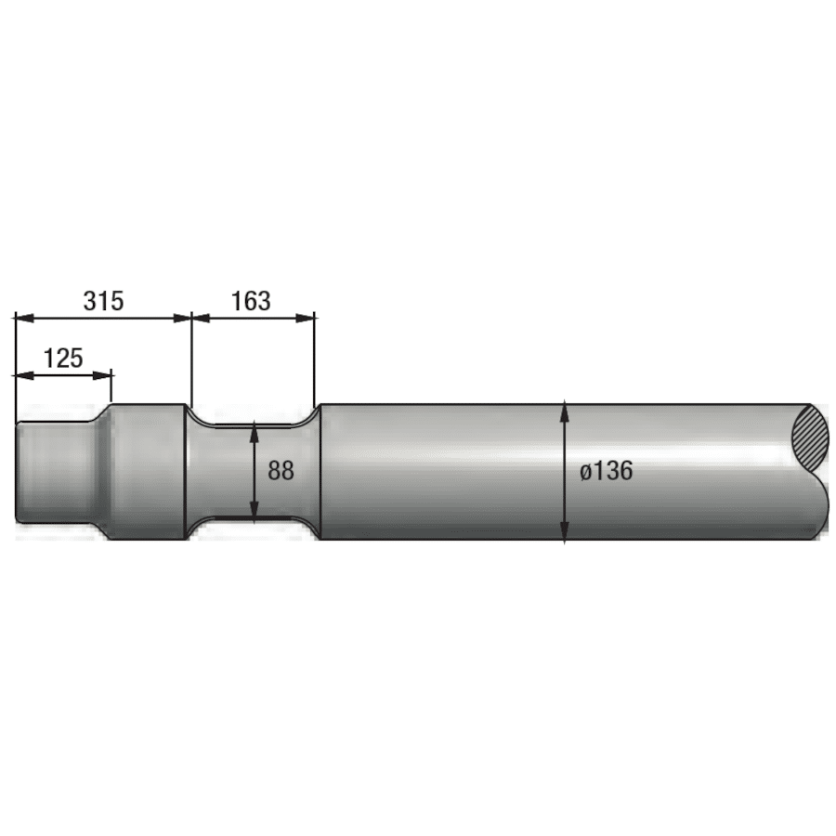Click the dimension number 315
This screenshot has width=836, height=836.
pyautogui.click(x=103, y=301)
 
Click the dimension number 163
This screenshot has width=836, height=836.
pyautogui.click(x=251, y=301)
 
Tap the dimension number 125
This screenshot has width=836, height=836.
pyautogui.click(x=63, y=358)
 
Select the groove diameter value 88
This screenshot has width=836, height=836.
pyautogui.click(x=281, y=471)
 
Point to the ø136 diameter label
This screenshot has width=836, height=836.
pyautogui.click(x=607, y=471)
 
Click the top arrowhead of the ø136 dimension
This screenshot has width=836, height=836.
pyautogui.click(x=565, y=410)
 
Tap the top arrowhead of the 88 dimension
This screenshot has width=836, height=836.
pyautogui.click(x=255, y=431)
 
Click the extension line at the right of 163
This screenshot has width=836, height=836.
pyautogui.click(x=316, y=362)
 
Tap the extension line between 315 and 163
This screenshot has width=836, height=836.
pyautogui.click(x=190, y=362)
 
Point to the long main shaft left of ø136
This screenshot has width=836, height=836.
pyautogui.click(x=437, y=471)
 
